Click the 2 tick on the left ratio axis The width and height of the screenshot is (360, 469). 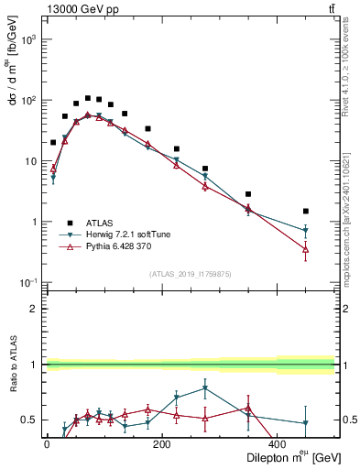point(34,309)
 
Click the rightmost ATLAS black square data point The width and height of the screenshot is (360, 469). point(306,211)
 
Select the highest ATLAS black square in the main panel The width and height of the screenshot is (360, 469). point(88,98)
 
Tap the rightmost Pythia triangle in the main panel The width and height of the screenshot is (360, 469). point(306,249)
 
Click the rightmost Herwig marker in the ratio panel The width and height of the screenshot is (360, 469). point(306,423)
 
